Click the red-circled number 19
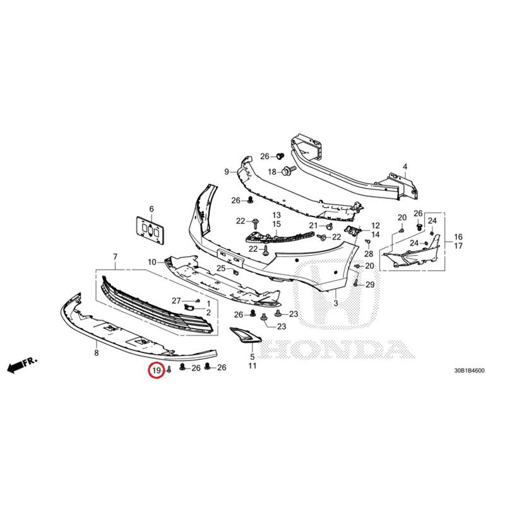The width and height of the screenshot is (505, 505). (x=156, y=371)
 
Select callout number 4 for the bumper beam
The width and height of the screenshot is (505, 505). (x=405, y=167)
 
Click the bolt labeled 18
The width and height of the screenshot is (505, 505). (x=289, y=170)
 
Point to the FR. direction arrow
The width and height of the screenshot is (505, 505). (x=22, y=365)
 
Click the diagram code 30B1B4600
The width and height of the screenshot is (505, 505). (x=469, y=371)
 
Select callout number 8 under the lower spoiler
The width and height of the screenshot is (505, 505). (x=97, y=353)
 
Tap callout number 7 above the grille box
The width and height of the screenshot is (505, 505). (x=115, y=257)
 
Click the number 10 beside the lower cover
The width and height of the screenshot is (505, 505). (x=152, y=262)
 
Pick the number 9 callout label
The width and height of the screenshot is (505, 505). (x=227, y=172)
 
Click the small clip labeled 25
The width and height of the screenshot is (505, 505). (x=236, y=271)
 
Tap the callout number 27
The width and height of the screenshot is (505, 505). (x=176, y=301)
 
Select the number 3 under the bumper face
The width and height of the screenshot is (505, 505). (x=336, y=303)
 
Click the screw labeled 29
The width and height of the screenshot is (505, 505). (x=355, y=283)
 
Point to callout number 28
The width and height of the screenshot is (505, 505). (x=369, y=254)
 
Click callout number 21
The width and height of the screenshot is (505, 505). (x=313, y=225)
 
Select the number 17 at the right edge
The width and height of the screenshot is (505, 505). (x=458, y=246)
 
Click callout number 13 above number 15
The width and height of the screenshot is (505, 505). (x=276, y=215)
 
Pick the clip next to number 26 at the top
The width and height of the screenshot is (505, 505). (x=280, y=156)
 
